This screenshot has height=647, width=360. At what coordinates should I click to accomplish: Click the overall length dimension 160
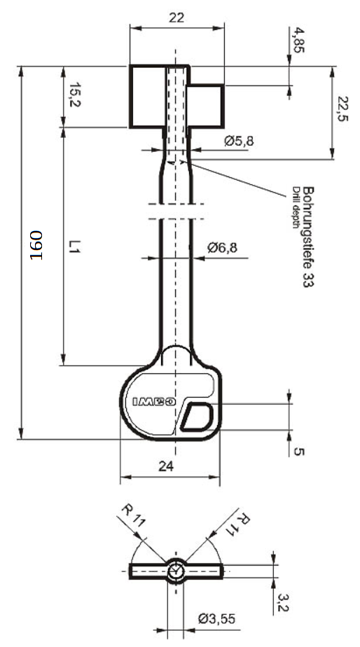point(36,245)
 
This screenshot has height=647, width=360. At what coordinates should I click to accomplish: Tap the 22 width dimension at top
point(176,18)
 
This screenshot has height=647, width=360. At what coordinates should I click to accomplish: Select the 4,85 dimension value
point(297,40)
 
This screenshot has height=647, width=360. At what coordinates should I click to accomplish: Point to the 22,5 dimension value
point(342,109)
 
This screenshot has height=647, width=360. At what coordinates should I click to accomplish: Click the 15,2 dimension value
point(74,95)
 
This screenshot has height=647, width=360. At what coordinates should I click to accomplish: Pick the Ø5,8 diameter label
point(239,141)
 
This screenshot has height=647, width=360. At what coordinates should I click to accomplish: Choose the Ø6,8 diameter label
point(223,248)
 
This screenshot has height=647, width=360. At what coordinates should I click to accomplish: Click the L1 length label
point(74,246)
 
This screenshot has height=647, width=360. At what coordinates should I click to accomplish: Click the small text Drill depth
point(296,207)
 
